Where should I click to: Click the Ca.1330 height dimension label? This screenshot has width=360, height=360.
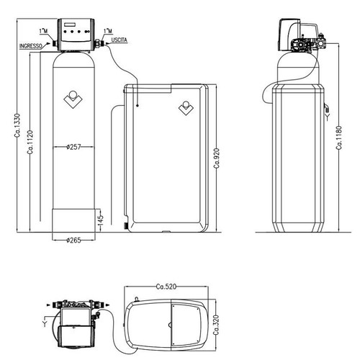[17, 125]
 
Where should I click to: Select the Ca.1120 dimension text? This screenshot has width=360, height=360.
[30, 142]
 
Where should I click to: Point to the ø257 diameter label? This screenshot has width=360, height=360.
[73, 147]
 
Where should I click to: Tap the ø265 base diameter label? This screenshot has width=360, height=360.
[73, 240]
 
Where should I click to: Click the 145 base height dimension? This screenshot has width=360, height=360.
[101, 220]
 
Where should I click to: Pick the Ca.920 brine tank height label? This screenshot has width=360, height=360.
[217, 158]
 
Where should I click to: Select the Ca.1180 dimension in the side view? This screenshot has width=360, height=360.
[339, 138]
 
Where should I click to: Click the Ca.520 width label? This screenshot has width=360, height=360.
[166, 287]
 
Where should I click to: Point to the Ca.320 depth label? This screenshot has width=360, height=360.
[216, 325]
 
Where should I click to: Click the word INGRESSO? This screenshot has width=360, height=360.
[31, 46]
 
